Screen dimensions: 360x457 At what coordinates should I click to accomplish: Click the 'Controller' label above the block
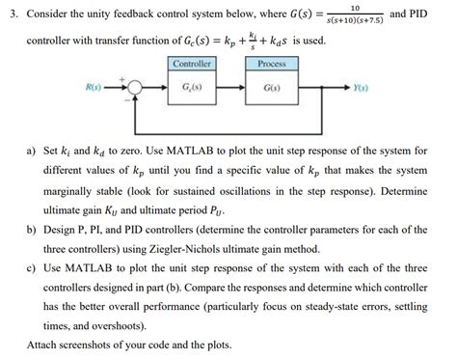[x=191, y=64]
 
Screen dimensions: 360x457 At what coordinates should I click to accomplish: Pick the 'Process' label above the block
[x=273, y=64]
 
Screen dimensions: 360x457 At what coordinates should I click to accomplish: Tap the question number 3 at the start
[x=12, y=17]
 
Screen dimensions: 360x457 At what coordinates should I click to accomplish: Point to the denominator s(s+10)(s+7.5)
[x=357, y=23]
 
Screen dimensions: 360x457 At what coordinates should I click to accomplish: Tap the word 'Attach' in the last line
[x=45, y=345]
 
